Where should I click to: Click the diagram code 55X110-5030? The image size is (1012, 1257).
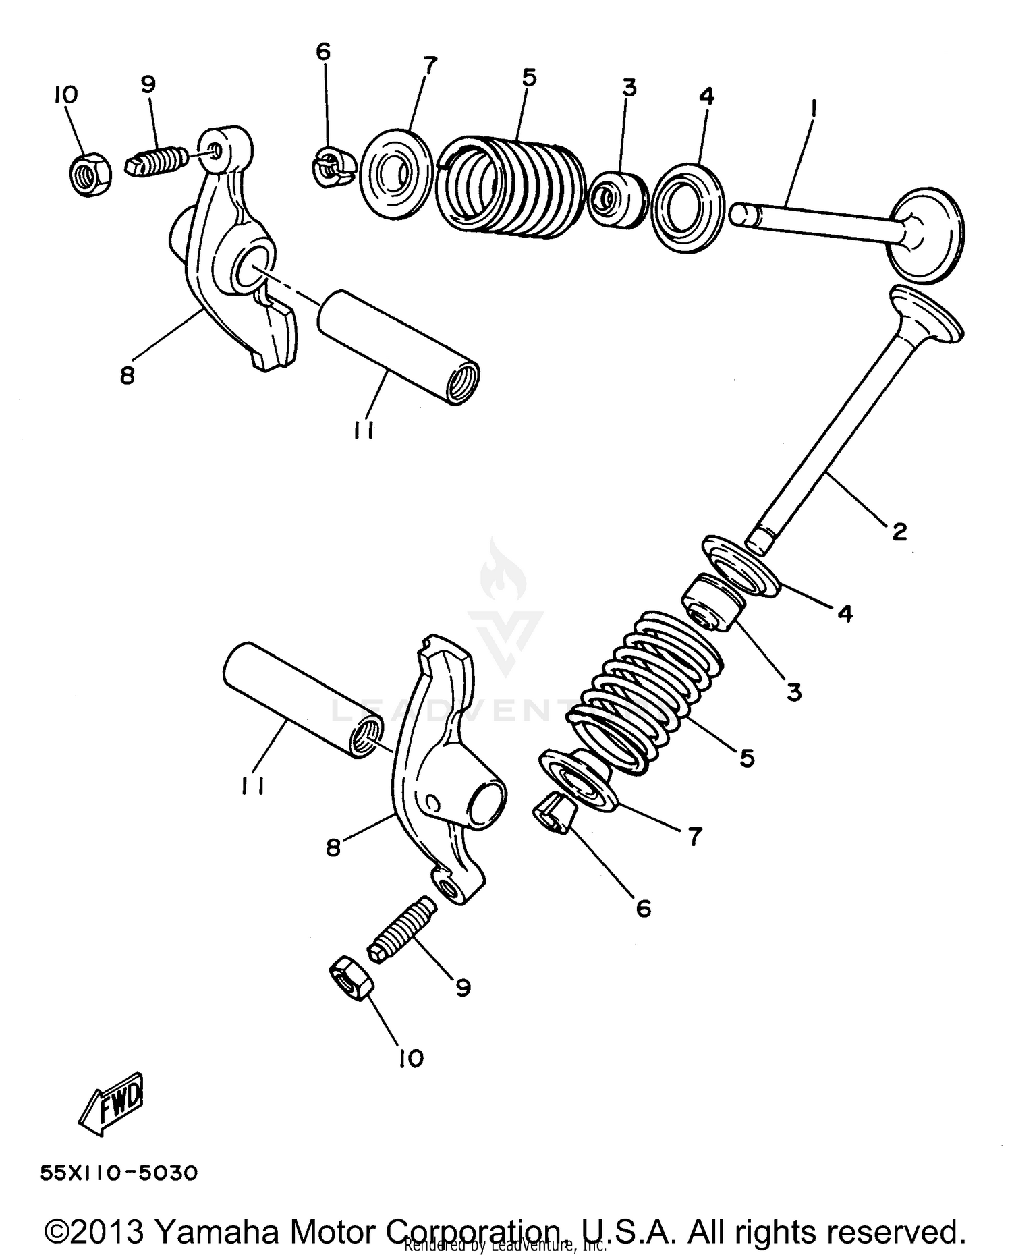pos(119,1173)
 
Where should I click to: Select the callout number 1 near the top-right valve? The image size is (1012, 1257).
pos(814,107)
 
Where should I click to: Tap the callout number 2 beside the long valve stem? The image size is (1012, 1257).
pos(899,532)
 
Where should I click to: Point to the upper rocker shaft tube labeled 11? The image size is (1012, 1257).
pos(398,347)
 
